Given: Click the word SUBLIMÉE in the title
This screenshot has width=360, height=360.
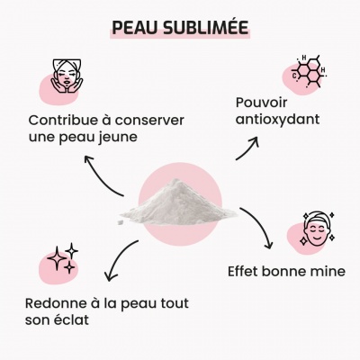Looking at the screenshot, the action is [206, 27].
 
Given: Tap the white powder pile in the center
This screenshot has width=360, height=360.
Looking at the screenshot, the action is [178, 202].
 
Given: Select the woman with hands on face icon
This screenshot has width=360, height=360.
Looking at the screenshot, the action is [67, 76].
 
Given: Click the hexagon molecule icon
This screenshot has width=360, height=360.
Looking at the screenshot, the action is [309, 71].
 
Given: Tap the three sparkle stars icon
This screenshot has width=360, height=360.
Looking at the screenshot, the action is [62, 258].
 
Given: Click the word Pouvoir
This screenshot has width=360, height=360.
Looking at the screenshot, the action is [261, 103].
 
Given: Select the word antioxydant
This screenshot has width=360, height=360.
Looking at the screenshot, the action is [277, 120].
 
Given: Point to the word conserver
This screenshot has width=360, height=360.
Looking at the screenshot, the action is [149, 121].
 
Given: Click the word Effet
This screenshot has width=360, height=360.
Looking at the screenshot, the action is [243, 271].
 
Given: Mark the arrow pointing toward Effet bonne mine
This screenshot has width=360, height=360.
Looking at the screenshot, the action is [262, 223].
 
